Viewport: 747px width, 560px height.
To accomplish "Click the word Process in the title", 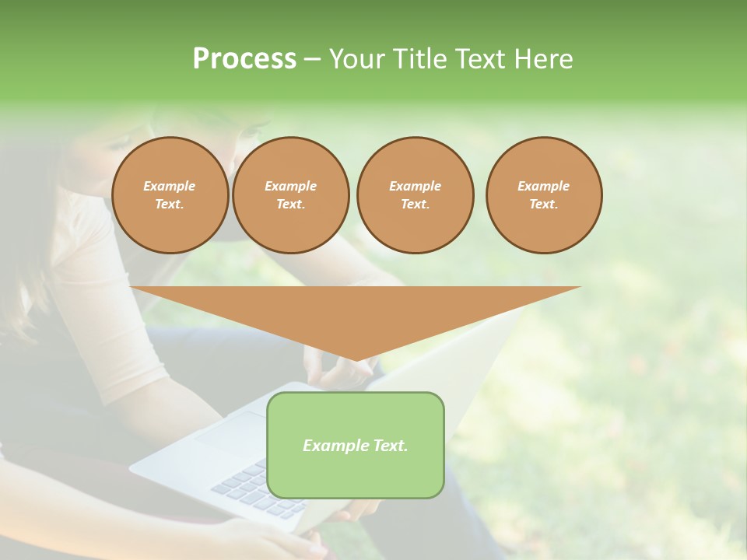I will coord(244,59).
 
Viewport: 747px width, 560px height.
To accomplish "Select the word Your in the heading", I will coord(359,59).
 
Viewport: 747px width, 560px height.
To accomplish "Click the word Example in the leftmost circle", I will coord(170,186).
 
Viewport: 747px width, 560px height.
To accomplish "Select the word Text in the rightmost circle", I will coord(543,204).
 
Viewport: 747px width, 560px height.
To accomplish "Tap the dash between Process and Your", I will coord(312,59).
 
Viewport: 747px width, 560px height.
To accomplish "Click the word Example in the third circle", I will coord(415,186).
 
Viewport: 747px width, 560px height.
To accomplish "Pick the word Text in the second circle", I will coord(290,204).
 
